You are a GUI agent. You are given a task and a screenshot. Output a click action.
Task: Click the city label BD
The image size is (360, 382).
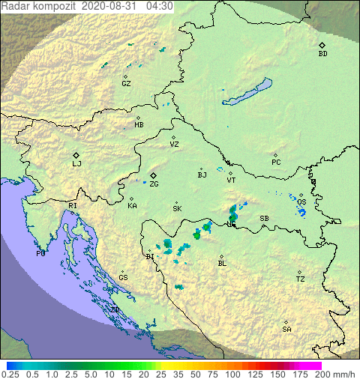pos(322,54)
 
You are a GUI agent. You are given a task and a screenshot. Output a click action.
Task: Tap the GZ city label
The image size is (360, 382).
pos(126,84)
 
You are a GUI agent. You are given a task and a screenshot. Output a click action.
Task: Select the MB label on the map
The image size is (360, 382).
pos(139,125)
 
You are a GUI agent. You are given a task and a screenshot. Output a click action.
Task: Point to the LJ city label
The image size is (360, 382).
pos(76,163)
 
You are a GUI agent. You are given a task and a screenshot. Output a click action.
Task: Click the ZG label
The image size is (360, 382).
pos(154,184)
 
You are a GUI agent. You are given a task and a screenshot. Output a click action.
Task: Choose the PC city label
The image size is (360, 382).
pos(276,163)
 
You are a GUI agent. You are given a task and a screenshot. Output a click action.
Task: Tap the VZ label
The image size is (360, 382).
pos(174,145)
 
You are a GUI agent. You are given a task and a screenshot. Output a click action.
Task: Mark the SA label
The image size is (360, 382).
pos(286,330)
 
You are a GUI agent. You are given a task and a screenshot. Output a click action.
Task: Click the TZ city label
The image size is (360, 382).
pos(300,279)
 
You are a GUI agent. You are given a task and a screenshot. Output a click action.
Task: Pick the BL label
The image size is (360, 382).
pos(222,264)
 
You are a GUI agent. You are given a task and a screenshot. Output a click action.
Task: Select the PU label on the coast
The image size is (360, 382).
pos(40,254)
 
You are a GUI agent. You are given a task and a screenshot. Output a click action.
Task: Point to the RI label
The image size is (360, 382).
pos(73,205)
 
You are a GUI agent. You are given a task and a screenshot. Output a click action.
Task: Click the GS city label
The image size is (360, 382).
pos(123,278)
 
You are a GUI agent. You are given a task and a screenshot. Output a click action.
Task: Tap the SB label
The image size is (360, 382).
pos(264,219)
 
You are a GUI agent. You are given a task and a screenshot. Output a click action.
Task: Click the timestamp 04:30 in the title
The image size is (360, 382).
pos(160,5)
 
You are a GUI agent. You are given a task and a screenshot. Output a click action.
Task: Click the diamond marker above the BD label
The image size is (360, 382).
pos(322,45)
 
